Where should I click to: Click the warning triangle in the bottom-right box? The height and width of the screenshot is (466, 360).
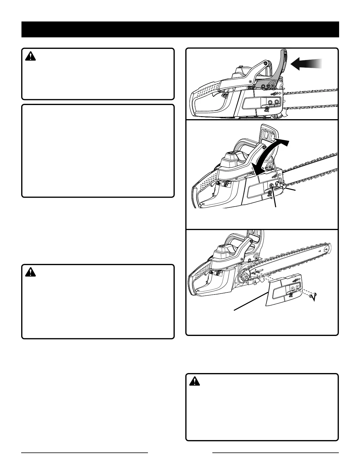(195, 382)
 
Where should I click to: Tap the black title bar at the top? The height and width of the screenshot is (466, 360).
(180, 29)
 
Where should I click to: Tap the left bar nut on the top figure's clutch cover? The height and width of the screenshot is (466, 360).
(270, 101)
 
